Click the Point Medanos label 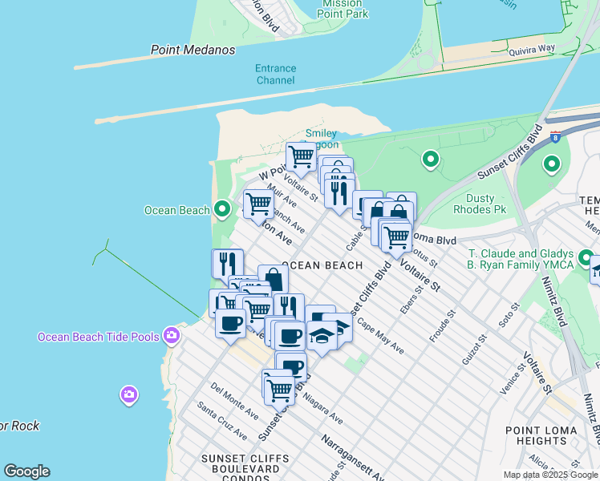tap(193, 50)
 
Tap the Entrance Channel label tap(276, 74)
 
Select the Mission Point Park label tap(343, 9)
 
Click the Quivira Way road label tap(532, 49)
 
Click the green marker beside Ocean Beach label tap(223, 210)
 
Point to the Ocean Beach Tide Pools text tap(99, 337)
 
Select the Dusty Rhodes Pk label tap(492, 204)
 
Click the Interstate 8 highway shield tap(555, 138)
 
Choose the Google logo tap(27, 471)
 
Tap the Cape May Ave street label tap(381, 338)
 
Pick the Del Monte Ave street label tap(234, 401)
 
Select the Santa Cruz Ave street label tap(222, 422)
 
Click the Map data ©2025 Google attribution tap(549, 475)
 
